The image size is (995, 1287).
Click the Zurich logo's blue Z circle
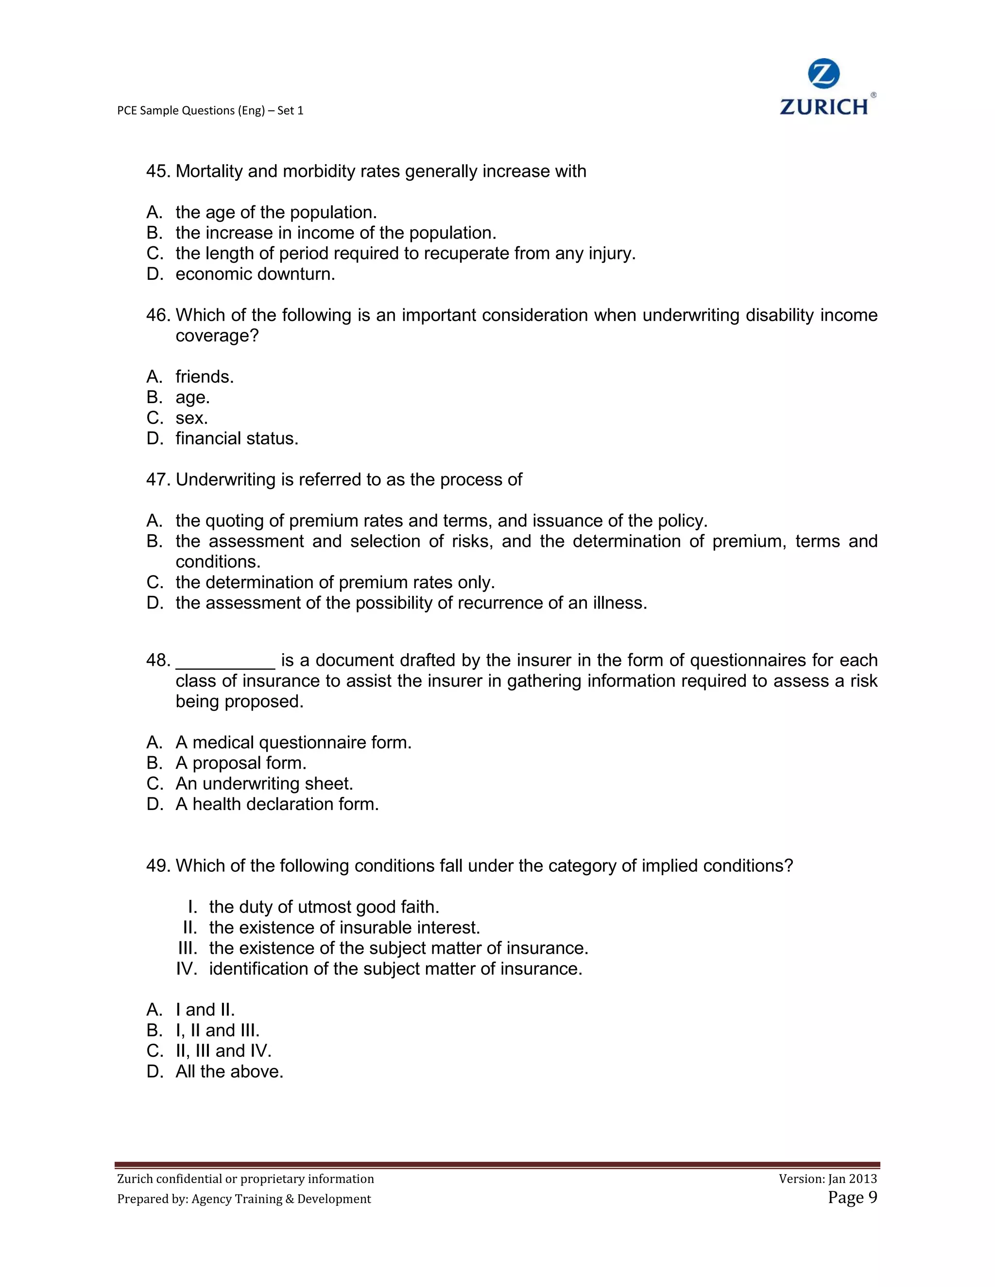(823, 74)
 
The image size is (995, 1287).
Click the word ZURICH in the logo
(823, 107)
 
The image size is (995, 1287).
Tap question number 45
(158, 171)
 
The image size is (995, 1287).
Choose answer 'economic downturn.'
(255, 274)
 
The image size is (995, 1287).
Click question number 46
(158, 315)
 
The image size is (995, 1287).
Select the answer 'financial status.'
(237, 439)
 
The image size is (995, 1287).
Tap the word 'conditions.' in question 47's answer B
(218, 561)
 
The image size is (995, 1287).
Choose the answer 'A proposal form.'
(240, 763)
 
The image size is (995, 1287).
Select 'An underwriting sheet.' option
(264, 784)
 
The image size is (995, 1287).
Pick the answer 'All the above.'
(229, 1071)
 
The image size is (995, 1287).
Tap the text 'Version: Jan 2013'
(827, 1179)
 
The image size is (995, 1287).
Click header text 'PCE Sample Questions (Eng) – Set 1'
(210, 111)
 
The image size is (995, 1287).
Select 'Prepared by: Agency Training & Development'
(244, 1199)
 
